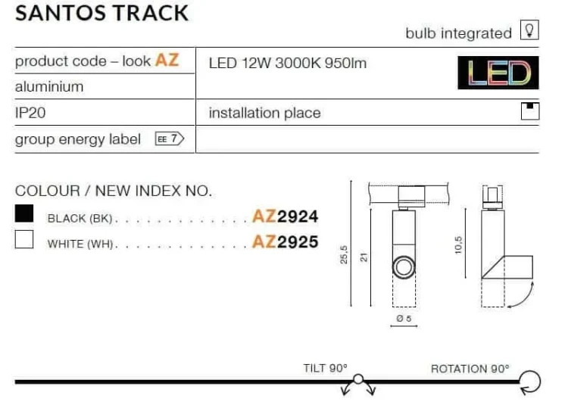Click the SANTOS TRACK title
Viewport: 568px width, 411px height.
click(x=101, y=14)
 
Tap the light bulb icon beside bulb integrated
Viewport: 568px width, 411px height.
click(x=529, y=30)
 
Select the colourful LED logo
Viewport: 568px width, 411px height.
click(x=498, y=73)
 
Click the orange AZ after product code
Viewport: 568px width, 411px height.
click(x=167, y=60)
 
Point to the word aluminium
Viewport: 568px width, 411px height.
click(x=49, y=87)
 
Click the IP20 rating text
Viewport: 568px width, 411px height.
click(x=30, y=113)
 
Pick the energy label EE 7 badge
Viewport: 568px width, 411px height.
click(x=170, y=139)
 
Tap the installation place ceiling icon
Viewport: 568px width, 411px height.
click(x=530, y=111)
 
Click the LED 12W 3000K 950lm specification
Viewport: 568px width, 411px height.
click(x=288, y=64)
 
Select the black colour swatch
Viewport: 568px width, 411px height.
click(x=24, y=213)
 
